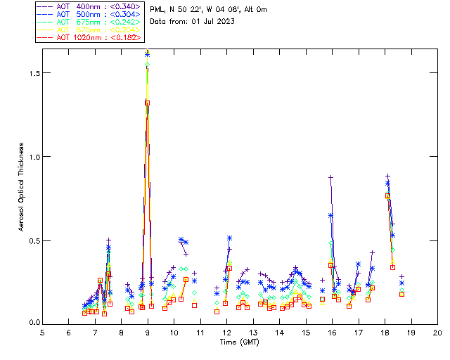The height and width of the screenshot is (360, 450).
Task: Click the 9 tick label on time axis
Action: [148, 333]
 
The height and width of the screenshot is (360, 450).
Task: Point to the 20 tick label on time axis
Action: [437, 333]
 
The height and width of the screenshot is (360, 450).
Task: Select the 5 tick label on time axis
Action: [42, 333]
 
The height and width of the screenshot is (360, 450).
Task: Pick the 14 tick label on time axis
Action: [279, 333]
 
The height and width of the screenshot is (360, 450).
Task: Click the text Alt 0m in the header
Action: [254, 10]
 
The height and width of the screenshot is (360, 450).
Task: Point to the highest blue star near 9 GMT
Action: [147, 53]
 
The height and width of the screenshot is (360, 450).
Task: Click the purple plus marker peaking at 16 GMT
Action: [330, 178]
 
